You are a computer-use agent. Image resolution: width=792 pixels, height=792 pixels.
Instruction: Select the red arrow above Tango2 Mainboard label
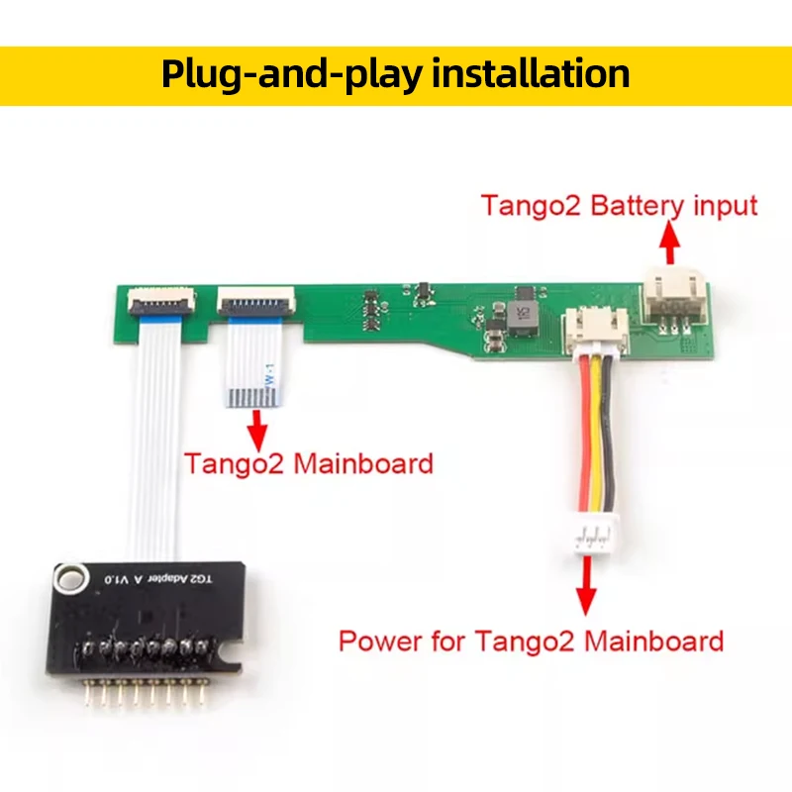[258, 430]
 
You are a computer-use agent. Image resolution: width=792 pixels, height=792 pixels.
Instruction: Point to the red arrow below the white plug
[585, 586]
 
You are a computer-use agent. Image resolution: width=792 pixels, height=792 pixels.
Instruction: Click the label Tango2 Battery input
[620, 205]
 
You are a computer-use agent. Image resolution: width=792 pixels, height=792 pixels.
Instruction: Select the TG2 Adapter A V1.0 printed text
[158, 578]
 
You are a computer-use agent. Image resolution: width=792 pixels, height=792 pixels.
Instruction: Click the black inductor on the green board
[522, 317]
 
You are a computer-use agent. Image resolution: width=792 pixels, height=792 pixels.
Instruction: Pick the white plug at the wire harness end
[597, 536]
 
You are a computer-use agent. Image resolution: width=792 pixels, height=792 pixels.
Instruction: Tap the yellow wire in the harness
[598, 436]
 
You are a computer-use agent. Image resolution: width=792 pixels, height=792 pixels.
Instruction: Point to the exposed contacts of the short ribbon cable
[253, 397]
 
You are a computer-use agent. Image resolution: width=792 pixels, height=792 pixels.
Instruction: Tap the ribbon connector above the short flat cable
[255, 302]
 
